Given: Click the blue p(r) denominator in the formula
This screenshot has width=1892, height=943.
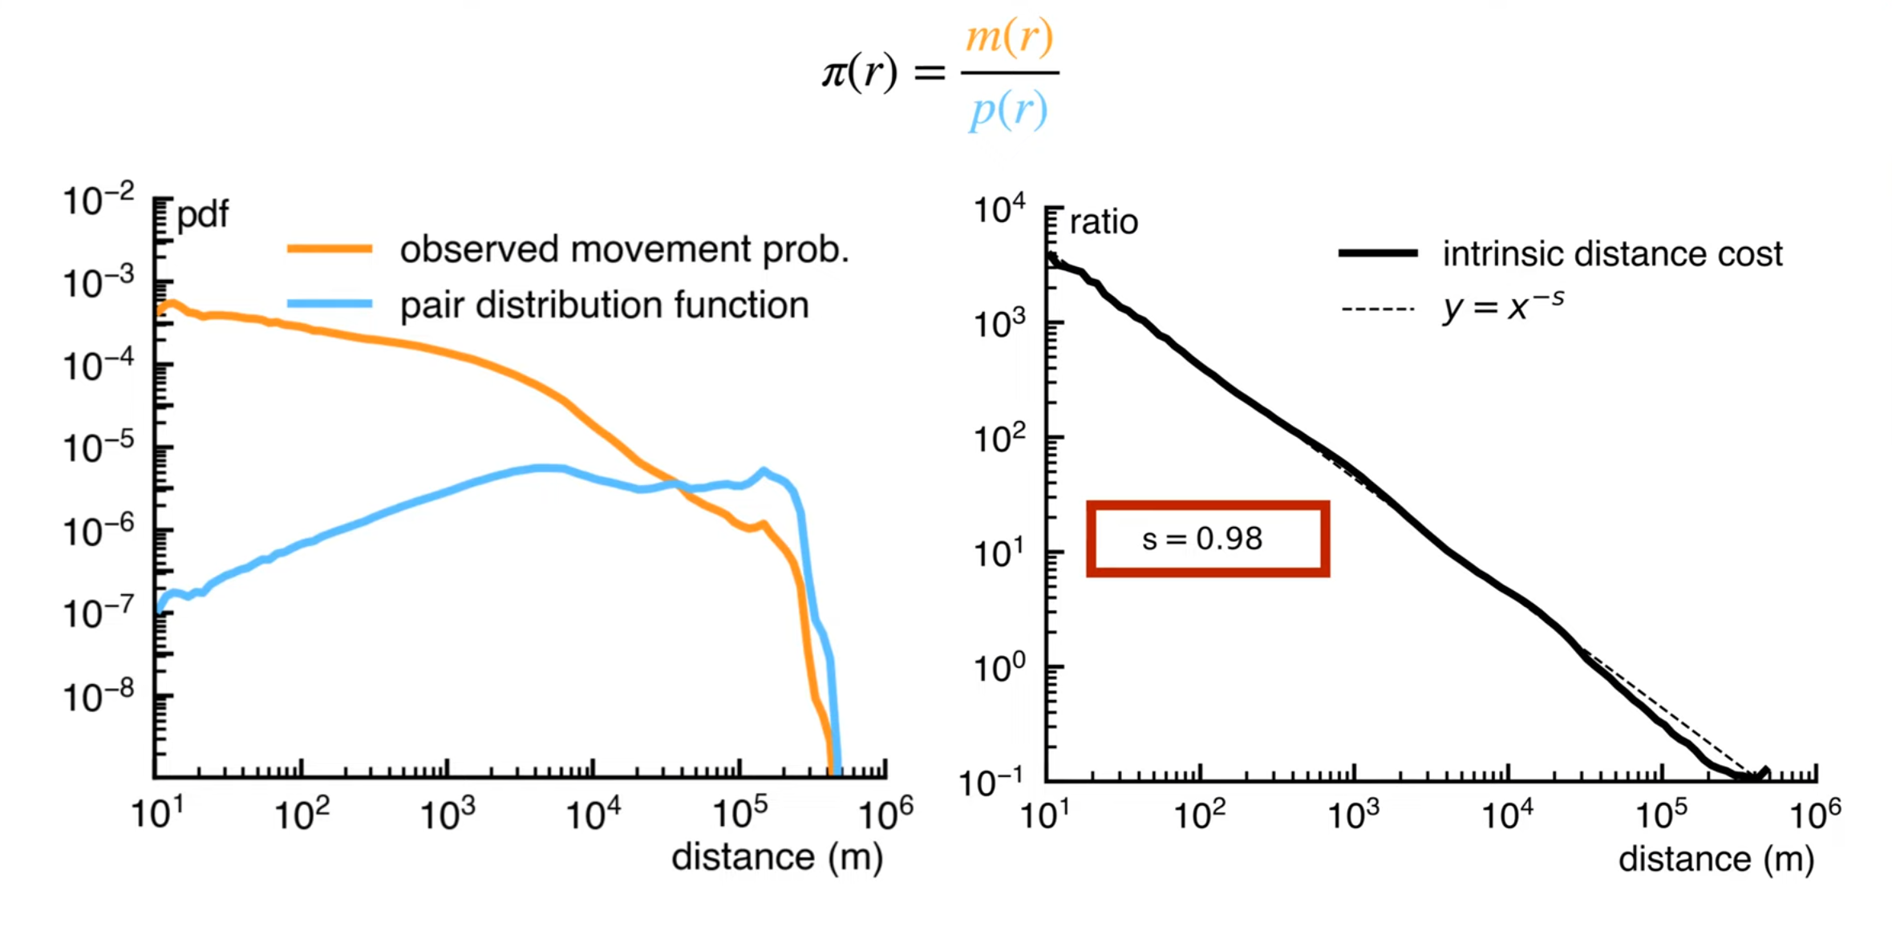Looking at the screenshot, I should [1008, 110].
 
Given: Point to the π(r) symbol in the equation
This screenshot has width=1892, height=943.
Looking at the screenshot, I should [859, 73].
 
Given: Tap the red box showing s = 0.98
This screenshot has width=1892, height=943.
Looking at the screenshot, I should [1207, 539].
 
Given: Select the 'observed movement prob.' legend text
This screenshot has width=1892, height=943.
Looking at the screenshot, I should [624, 250].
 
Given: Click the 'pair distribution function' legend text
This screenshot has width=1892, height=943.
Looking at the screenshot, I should [604, 306].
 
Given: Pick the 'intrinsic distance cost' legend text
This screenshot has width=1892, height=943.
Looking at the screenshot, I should [1612, 254].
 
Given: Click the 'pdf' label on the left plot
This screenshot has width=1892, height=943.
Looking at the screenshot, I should [202, 214].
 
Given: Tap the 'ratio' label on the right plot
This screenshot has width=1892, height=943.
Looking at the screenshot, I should [1104, 222].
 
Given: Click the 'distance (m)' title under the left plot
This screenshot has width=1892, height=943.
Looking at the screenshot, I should [776, 857].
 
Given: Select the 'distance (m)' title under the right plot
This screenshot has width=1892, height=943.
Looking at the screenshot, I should [1716, 859].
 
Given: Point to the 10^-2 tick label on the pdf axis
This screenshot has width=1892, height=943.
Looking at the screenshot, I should [98, 200].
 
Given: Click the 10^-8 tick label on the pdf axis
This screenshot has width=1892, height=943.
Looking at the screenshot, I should [98, 696].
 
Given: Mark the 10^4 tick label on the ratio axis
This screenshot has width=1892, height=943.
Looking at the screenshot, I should [999, 210].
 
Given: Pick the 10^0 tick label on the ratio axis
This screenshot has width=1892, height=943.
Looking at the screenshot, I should [999, 667].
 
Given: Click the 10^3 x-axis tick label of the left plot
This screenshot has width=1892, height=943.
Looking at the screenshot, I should [447, 815].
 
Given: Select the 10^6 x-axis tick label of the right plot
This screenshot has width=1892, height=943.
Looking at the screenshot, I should [1815, 816].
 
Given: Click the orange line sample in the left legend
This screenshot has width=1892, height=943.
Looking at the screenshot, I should [330, 249].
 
